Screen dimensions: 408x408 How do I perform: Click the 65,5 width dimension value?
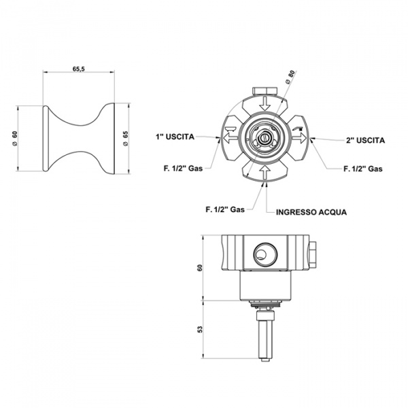(79, 69)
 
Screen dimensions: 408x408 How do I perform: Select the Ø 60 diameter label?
(15, 139)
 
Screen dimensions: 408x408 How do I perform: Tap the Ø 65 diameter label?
(125, 139)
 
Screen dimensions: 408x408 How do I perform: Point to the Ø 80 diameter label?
(290, 77)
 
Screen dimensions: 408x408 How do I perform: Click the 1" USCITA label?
(175, 137)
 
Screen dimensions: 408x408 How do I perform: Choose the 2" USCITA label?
(365, 141)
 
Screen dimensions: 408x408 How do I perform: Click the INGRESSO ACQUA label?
(311, 212)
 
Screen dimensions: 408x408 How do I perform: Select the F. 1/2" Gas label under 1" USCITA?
(183, 169)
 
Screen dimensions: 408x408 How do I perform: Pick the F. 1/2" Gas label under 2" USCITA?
(363, 169)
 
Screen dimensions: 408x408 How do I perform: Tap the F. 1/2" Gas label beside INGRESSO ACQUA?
(225, 209)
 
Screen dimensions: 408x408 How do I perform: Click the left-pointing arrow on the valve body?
(231, 137)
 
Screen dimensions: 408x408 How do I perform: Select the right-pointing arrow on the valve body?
(300, 137)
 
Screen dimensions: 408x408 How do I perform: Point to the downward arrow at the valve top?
(265, 103)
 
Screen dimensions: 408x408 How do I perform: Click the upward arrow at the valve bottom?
(265, 172)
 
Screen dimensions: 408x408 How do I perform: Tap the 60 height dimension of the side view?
(200, 268)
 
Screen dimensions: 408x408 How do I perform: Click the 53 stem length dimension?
(200, 330)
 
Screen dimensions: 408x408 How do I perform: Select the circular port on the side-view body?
(265, 254)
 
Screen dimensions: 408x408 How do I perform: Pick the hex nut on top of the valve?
(265, 91)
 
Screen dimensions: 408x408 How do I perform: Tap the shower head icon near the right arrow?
(299, 128)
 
